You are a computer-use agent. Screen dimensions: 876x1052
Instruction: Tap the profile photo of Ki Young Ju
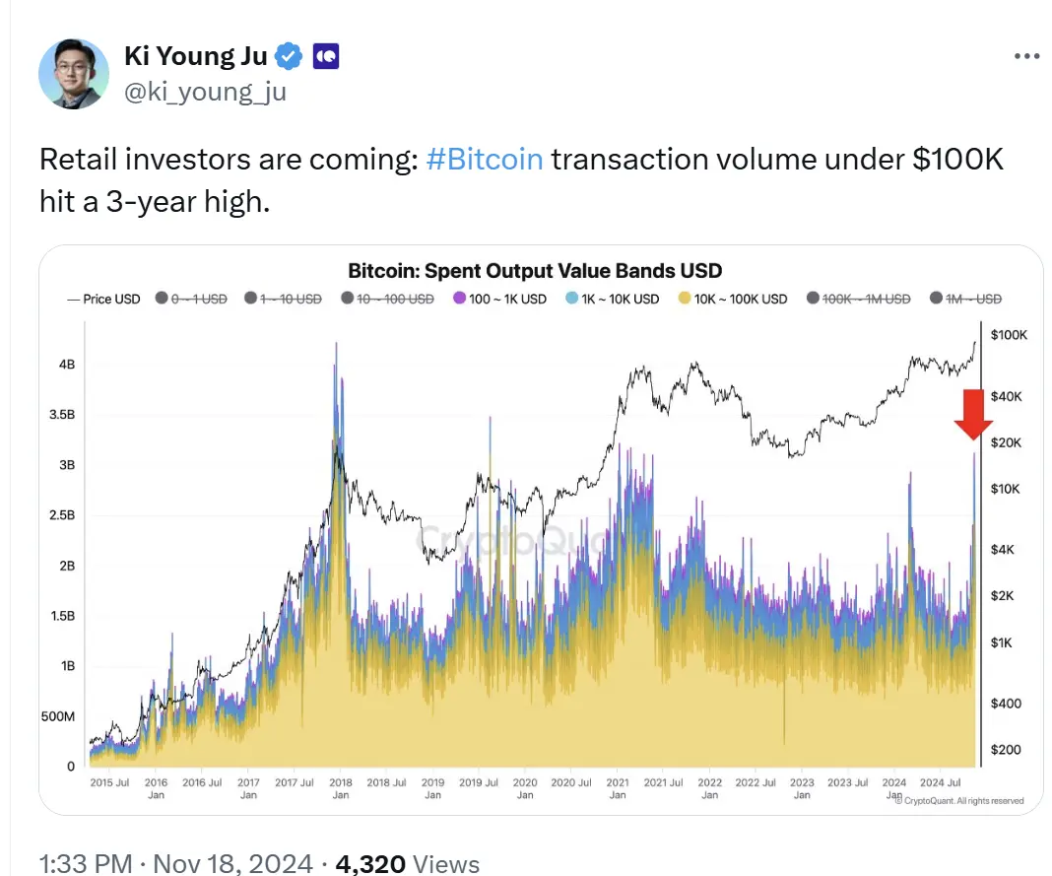tap(74, 75)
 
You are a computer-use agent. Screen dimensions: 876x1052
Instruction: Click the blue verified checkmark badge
tap(288, 57)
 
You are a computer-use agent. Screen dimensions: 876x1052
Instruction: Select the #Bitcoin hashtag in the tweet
tap(485, 159)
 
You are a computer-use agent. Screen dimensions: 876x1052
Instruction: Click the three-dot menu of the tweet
tap(1026, 57)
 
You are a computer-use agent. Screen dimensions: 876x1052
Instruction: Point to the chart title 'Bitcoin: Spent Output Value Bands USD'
tap(535, 271)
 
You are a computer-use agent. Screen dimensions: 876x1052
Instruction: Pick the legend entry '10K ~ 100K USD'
tap(734, 299)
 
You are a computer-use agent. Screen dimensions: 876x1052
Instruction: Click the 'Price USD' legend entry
tap(104, 299)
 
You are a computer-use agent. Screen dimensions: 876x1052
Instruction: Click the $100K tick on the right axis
tap(1009, 336)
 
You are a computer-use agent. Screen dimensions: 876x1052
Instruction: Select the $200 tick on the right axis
tap(1005, 750)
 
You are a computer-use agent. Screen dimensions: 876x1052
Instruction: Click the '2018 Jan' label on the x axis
tap(341, 788)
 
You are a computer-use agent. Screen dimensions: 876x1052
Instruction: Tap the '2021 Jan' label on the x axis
tap(619, 788)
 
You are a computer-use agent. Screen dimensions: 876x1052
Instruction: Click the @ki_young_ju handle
tap(206, 93)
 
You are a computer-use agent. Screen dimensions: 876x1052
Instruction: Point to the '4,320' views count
tap(370, 864)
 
